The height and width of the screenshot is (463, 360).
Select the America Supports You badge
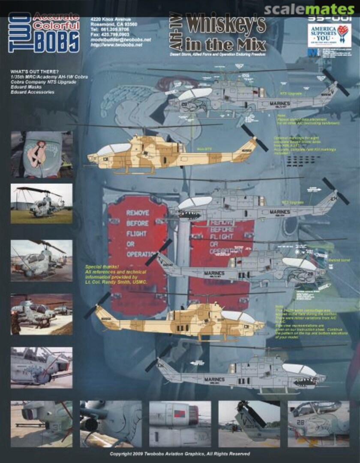point(329,36)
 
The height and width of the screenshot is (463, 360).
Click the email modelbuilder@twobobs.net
point(120,39)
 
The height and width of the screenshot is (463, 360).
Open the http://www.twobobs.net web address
point(116,45)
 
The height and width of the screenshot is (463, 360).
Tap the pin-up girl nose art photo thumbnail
point(42,154)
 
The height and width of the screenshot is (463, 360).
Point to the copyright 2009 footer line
point(180,454)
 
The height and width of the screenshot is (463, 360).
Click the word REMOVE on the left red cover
point(138,213)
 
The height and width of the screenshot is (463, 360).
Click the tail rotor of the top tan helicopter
point(254,138)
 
